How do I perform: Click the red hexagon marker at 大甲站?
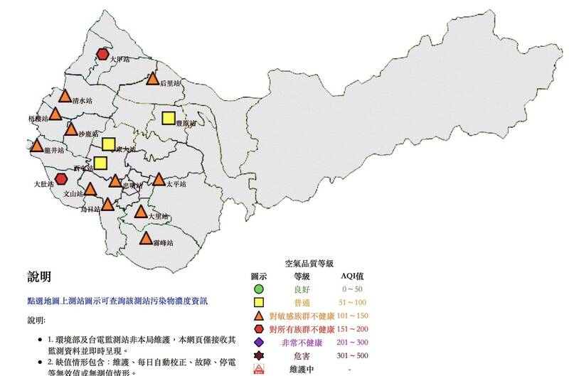click(x=104, y=53)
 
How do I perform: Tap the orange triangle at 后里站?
click(x=152, y=80)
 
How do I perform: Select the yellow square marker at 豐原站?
click(x=169, y=119)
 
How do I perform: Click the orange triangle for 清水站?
click(x=65, y=97)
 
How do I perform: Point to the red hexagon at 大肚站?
click(x=62, y=178)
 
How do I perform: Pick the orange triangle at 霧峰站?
click(x=147, y=238)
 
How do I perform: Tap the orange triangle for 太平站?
click(x=159, y=179)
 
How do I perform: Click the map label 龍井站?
click(x=54, y=151)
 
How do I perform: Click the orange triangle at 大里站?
click(x=141, y=212)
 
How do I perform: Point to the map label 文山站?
click(x=75, y=193)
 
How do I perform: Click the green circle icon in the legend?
click(x=259, y=289)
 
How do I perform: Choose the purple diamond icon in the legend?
click(x=259, y=343)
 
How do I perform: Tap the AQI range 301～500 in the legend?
click(x=353, y=356)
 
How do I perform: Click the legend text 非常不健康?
click(x=302, y=343)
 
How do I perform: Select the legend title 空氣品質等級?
click(x=304, y=262)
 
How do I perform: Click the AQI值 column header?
click(x=352, y=276)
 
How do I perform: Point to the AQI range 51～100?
click(x=353, y=303)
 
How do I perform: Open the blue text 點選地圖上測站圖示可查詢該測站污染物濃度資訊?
click(x=117, y=301)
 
